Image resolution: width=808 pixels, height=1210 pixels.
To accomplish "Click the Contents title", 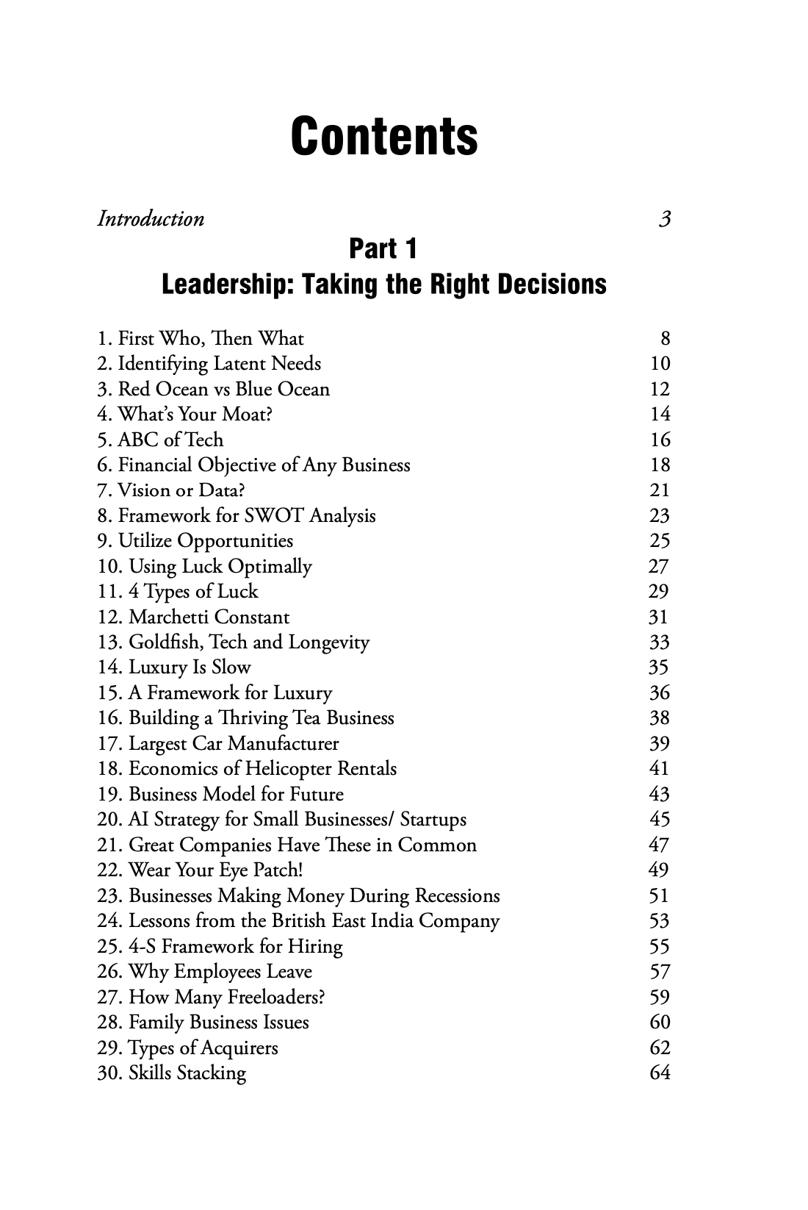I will coord(384,137).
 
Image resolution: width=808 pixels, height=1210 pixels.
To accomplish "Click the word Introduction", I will coord(151,219).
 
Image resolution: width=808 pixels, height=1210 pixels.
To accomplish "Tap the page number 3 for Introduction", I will coord(665,219).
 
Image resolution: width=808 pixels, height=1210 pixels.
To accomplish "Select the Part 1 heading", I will coord(383,249).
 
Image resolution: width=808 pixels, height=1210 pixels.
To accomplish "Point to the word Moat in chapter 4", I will coord(247,415).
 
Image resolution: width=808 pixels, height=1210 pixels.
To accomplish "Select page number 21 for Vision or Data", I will coord(660,490).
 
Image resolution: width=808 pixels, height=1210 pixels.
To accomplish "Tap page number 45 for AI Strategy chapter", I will coord(660,820).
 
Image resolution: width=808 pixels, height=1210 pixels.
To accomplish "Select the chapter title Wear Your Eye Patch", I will coord(215,870).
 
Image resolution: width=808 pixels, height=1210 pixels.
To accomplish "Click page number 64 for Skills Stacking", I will coord(660,1073).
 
